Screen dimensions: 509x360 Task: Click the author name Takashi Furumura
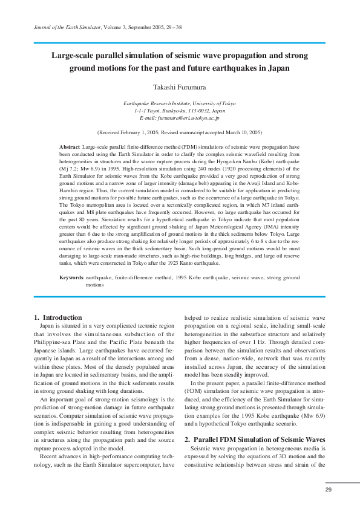(179, 88)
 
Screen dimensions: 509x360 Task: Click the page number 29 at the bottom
(329, 490)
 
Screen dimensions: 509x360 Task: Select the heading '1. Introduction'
(58, 317)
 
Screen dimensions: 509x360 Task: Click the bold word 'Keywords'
(71, 277)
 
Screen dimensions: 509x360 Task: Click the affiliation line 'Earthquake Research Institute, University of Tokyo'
(180, 104)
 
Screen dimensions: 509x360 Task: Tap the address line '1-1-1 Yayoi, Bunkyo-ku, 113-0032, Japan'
(180, 111)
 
